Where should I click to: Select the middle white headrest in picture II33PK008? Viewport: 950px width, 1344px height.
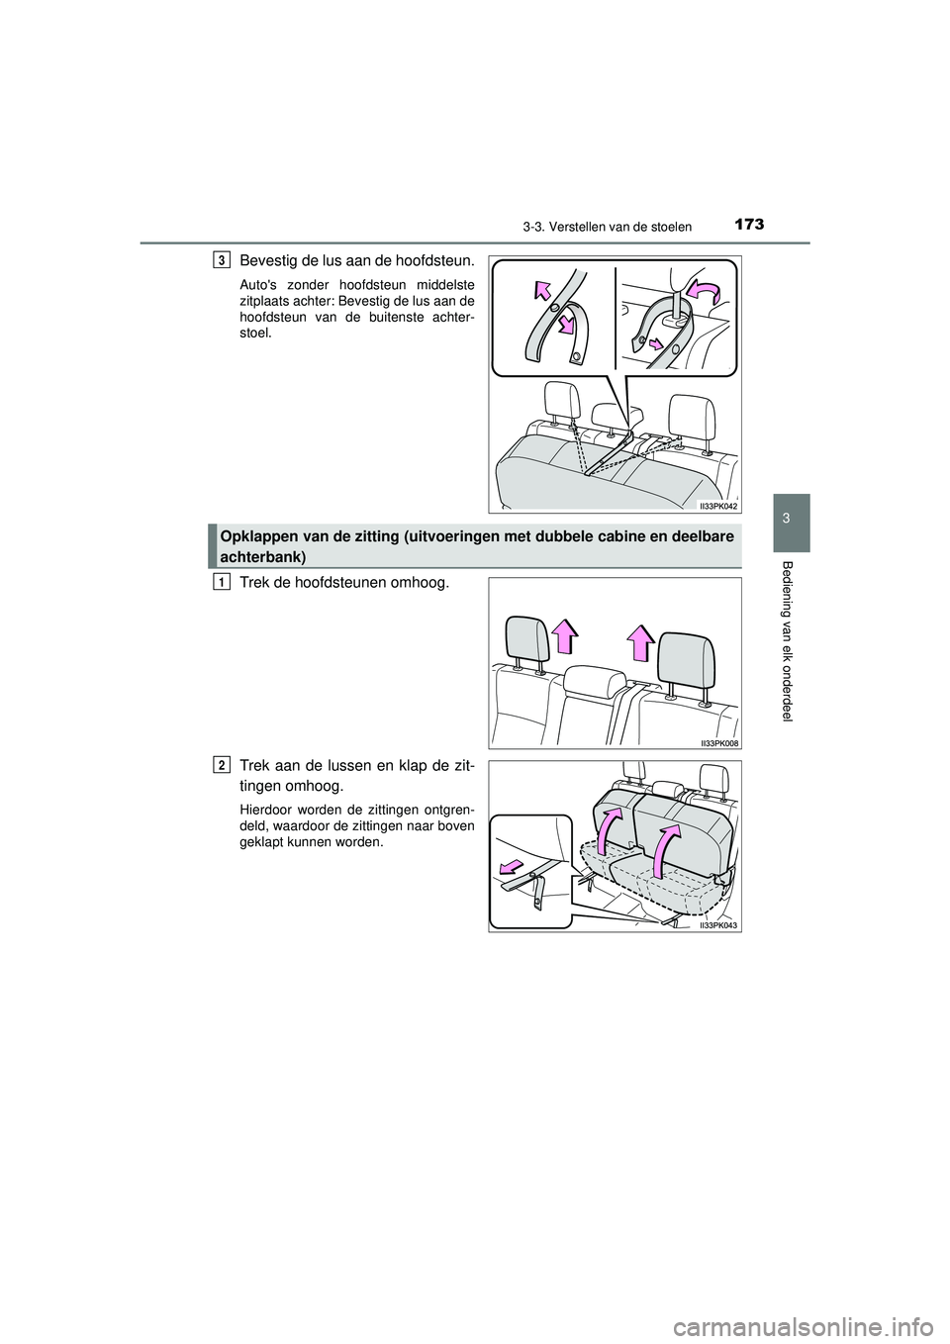point(592,683)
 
